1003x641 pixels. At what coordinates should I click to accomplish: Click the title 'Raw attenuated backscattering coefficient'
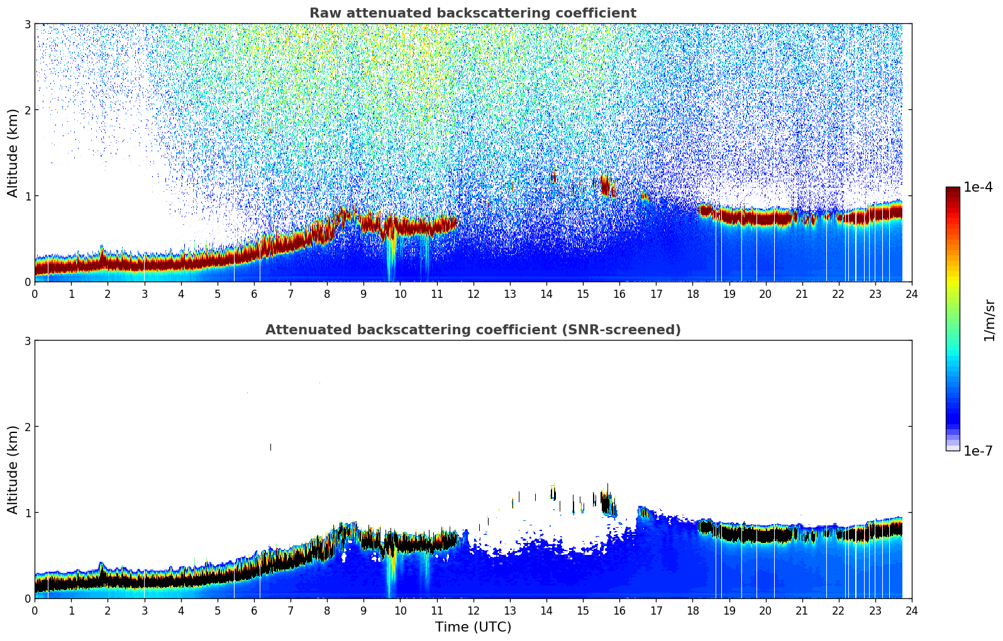point(472,13)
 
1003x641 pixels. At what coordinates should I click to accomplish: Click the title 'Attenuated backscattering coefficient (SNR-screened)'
point(472,330)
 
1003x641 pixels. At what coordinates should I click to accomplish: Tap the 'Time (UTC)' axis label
point(473,627)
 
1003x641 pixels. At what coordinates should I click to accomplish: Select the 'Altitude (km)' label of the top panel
point(13,153)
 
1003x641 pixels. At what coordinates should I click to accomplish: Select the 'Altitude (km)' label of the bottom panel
point(13,469)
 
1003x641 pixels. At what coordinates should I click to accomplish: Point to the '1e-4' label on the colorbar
point(978,187)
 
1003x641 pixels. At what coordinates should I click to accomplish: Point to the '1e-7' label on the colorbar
point(978,451)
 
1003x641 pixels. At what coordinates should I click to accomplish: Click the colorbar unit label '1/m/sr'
point(989,319)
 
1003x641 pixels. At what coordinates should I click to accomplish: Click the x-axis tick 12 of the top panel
point(473,293)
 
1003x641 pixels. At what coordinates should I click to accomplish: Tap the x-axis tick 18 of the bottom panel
point(692,610)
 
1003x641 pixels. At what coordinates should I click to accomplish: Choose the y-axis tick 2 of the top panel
point(27,110)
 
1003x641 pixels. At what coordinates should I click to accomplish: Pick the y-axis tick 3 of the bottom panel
point(27,341)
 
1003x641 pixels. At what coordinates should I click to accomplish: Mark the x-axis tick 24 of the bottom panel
point(911,610)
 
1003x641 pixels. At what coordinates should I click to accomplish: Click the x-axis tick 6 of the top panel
point(254,293)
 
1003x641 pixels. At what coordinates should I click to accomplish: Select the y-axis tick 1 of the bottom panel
point(27,513)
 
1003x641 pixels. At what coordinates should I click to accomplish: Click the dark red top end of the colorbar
point(952,190)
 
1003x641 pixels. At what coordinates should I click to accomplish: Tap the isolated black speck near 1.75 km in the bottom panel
point(270,447)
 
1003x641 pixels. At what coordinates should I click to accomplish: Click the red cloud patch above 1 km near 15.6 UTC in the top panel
point(606,185)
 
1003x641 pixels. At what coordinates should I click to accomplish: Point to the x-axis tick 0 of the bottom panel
point(35,610)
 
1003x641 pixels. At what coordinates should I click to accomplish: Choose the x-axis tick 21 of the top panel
point(802,293)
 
